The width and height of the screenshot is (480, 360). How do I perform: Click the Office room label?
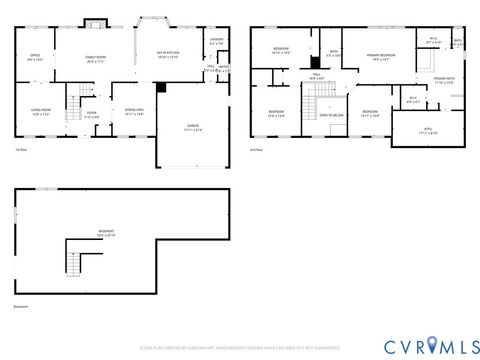(35, 57)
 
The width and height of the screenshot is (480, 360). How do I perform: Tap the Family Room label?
(96, 57)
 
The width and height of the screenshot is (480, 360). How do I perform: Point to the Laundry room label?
(217, 42)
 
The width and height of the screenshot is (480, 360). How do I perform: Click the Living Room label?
(41, 112)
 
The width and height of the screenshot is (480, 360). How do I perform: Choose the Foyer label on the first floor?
(92, 114)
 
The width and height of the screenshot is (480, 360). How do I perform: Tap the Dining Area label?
(134, 112)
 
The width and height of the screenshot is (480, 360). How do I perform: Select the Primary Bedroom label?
(381, 56)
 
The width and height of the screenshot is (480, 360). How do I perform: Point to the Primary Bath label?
(444, 80)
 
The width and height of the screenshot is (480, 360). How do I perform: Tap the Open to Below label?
(331, 115)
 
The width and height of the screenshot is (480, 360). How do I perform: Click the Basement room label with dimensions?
(105, 234)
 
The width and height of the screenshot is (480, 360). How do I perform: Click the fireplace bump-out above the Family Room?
(95, 22)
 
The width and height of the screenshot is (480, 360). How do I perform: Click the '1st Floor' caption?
(21, 150)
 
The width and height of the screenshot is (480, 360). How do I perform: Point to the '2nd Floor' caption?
(256, 149)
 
